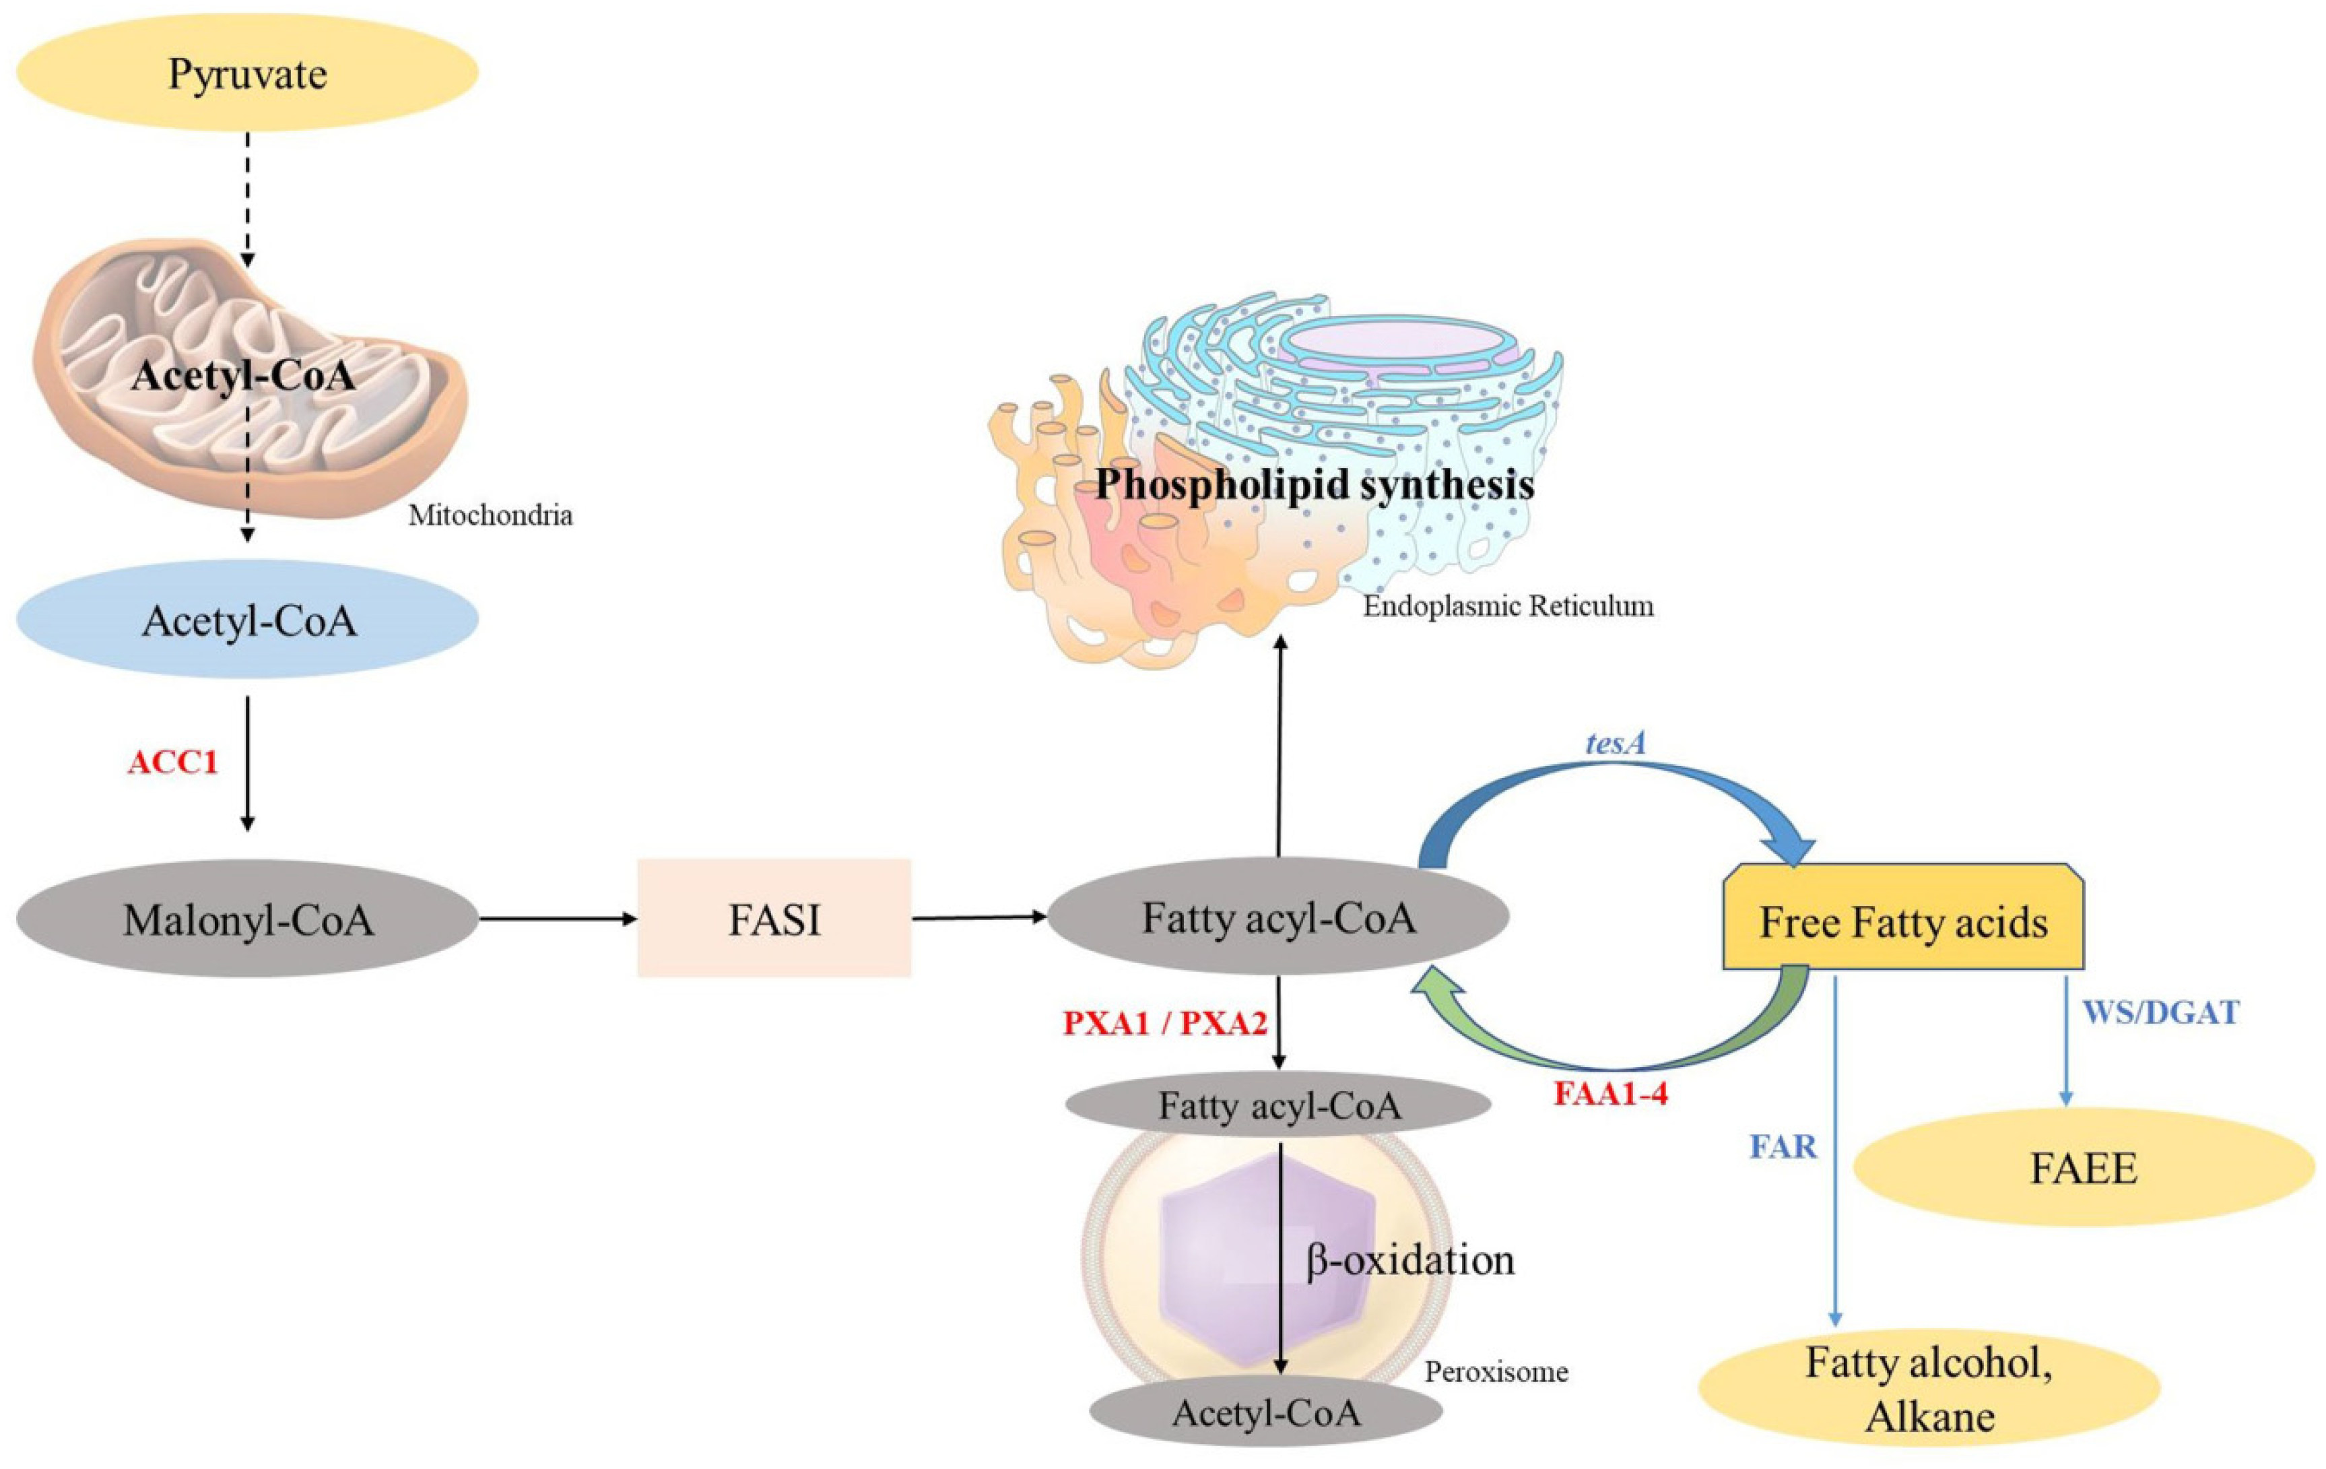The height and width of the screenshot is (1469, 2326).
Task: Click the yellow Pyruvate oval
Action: pyautogui.click(x=247, y=73)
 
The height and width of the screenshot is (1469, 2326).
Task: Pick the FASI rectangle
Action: pyautogui.click(x=774, y=919)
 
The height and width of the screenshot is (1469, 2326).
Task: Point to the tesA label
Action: pyautogui.click(x=1612, y=743)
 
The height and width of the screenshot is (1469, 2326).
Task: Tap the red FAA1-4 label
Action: pyautogui.click(x=1610, y=1095)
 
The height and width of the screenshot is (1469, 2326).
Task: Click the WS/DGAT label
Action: pyautogui.click(x=2159, y=1013)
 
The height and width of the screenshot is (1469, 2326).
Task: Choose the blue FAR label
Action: pyautogui.click(x=1783, y=1148)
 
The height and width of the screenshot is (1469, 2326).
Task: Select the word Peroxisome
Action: pyautogui.click(x=1496, y=1371)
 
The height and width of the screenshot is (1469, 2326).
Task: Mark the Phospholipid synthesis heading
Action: pyautogui.click(x=1315, y=483)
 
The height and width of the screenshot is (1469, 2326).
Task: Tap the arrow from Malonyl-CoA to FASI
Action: pyautogui.click(x=558, y=919)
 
